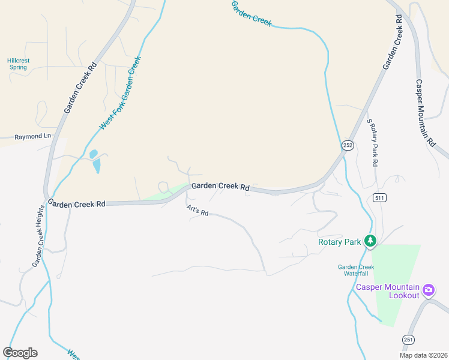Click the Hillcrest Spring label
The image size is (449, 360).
(x=19, y=64)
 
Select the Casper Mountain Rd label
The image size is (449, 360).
(x=424, y=113)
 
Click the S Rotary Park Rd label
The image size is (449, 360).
(x=373, y=142)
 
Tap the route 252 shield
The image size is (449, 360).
(x=348, y=145)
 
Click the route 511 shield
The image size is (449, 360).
(x=379, y=197)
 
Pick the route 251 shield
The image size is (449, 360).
(x=408, y=339)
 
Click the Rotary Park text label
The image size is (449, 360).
(x=339, y=242)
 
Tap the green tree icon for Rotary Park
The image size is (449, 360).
(x=371, y=241)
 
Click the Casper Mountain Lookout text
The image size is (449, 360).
(x=387, y=291)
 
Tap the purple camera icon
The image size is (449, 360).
(x=428, y=291)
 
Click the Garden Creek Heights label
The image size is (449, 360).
(x=38, y=236)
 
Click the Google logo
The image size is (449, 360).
(x=20, y=353)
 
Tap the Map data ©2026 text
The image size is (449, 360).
(x=423, y=355)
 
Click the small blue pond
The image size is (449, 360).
(x=95, y=161)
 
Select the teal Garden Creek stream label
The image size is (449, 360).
(x=252, y=14)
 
